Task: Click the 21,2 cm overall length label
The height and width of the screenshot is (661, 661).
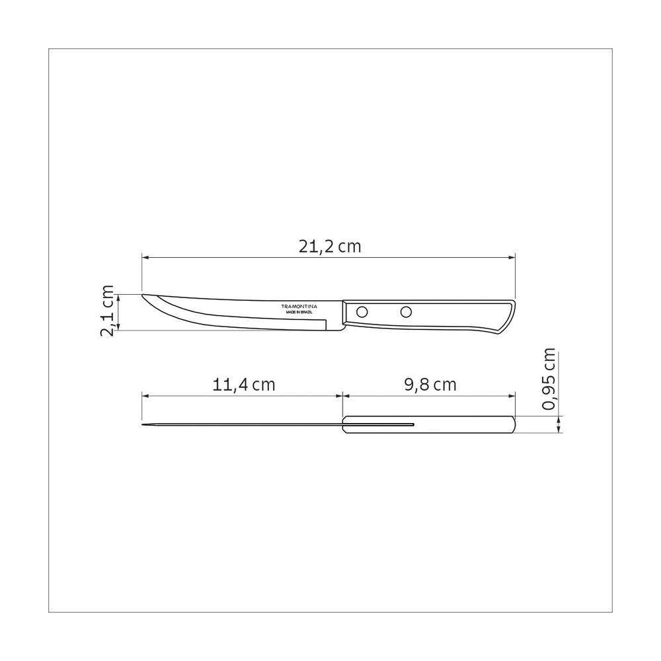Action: pos(330,247)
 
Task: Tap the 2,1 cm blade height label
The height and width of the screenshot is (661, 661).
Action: pos(108,311)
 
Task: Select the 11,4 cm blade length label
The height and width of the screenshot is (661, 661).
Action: pos(243,385)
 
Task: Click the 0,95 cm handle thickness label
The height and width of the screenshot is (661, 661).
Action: pos(549,379)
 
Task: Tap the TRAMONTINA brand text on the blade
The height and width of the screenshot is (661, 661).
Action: pos(299,307)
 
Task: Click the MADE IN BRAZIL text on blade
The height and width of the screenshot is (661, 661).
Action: pos(299,313)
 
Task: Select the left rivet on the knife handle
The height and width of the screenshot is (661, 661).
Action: pos(362,312)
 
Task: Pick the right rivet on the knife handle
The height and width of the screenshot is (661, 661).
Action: pos(406,312)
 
